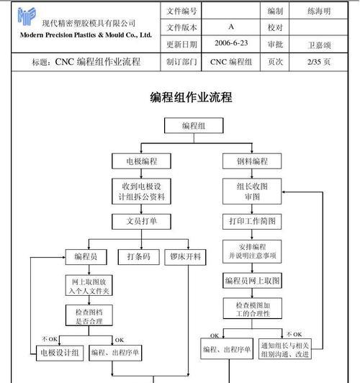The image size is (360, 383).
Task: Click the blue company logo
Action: (27, 16)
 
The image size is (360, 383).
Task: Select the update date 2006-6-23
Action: (231, 43)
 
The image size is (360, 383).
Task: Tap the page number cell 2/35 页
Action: (319, 62)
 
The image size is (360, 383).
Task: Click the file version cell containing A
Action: (231, 27)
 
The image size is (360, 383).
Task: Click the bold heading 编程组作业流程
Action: (191, 97)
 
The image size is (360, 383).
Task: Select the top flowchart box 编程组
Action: (194, 125)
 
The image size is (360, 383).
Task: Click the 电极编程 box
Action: (141, 161)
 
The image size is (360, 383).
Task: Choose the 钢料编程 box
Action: (252, 161)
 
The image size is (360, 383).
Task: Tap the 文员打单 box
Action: (141, 221)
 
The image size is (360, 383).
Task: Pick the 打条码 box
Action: (139, 257)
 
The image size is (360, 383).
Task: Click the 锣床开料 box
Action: (185, 257)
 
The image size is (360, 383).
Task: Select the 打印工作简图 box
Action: (252, 221)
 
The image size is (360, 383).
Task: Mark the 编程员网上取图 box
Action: (252, 281)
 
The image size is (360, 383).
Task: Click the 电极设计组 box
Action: (60, 353)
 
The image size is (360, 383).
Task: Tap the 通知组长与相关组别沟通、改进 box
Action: (285, 349)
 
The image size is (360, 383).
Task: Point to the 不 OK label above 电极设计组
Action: (50, 339)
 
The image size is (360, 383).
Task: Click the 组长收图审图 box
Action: (252, 191)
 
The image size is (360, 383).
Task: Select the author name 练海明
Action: (319, 11)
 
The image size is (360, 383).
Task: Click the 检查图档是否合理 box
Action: (89, 315)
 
